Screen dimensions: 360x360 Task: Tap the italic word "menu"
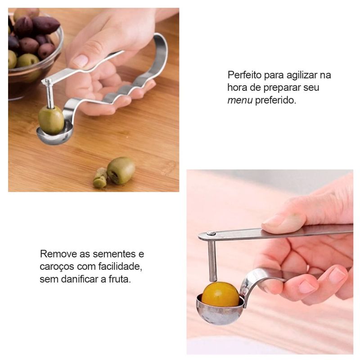[240, 100]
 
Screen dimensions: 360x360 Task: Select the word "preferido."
[275, 100]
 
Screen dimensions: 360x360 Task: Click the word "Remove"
[58, 254]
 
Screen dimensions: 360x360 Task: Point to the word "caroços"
[57, 267]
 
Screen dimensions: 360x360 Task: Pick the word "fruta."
[120, 279]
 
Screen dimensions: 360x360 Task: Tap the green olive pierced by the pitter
[51, 120]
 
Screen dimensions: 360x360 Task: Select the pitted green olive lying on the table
[121, 171]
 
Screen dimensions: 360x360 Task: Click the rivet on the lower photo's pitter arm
[211, 234]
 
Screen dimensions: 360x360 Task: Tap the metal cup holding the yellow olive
[220, 311]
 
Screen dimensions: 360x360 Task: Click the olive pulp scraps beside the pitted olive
[100, 178]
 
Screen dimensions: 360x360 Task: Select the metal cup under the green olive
[55, 135]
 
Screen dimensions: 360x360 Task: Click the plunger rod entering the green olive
[49, 94]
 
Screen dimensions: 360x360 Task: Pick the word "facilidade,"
[120, 266]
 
